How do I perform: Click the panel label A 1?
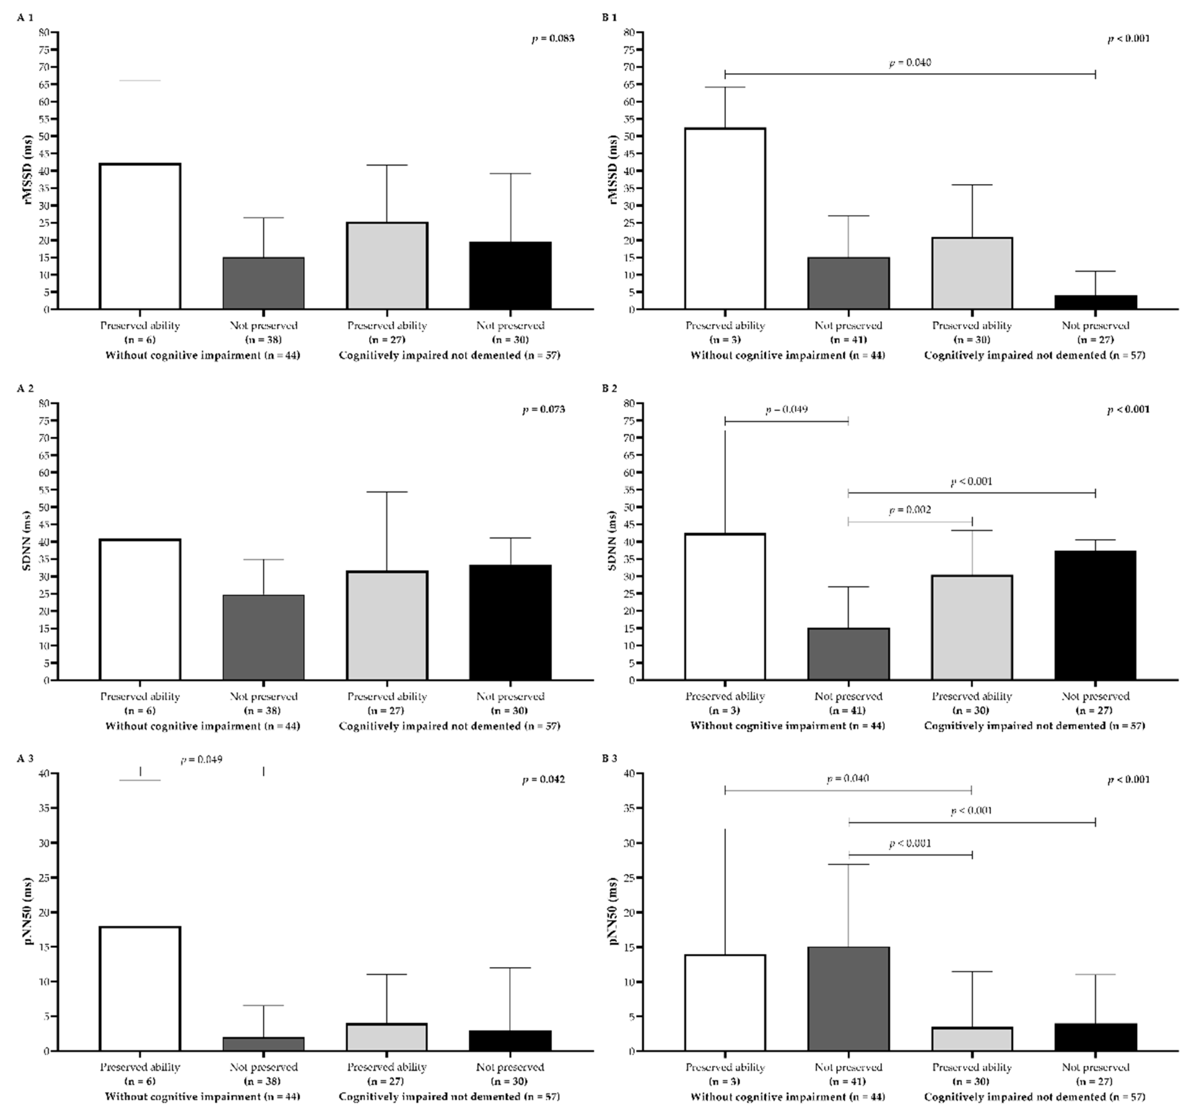pos(25,18)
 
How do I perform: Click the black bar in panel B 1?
pos(1095,302)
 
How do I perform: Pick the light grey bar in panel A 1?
pos(387,266)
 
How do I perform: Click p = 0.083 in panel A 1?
pos(553,39)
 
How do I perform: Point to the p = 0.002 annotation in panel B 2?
pos(910,510)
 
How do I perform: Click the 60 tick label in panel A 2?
pos(45,472)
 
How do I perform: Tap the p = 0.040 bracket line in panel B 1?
pos(910,74)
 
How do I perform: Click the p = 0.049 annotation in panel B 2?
pos(786,409)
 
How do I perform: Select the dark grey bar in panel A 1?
pos(263,283)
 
